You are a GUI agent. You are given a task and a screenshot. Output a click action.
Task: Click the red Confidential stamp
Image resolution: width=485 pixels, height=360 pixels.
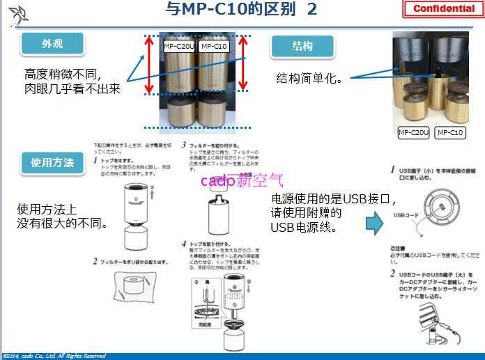pyautogui.click(x=444, y=9)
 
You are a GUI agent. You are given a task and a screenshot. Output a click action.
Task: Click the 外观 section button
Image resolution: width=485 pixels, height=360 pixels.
pyautogui.click(x=52, y=43)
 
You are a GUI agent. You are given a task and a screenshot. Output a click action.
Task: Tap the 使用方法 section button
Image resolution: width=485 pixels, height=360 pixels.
pyautogui.click(x=52, y=163)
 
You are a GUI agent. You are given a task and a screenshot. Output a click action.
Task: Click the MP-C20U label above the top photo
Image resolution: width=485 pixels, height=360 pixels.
pyautogui.click(x=179, y=46)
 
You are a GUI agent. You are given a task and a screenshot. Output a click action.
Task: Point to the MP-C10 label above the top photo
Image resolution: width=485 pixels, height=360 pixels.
pyautogui.click(x=213, y=46)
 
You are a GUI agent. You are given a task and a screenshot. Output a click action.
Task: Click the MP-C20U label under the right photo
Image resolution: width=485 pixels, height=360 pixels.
pyautogui.click(x=413, y=132)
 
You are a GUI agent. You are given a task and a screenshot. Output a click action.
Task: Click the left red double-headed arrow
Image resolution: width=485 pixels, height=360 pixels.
pyautogui.click(x=148, y=65)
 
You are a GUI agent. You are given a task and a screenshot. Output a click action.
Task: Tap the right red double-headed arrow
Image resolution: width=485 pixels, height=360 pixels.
pyautogui.click(x=243, y=65)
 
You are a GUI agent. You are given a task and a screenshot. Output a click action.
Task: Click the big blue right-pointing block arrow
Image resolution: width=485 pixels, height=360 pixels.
pyautogui.click(x=376, y=224)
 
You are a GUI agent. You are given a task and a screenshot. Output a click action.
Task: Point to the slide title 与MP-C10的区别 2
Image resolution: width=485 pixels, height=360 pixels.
pyautogui.click(x=242, y=9)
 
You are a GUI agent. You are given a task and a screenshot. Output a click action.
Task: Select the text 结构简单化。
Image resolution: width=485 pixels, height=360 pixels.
pyautogui.click(x=309, y=78)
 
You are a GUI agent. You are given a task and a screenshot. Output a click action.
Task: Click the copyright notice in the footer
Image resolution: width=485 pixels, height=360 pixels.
pyautogui.click(x=54, y=356)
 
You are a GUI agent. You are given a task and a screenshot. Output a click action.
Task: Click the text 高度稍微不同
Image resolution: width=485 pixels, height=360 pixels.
pyautogui.click(x=63, y=74)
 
